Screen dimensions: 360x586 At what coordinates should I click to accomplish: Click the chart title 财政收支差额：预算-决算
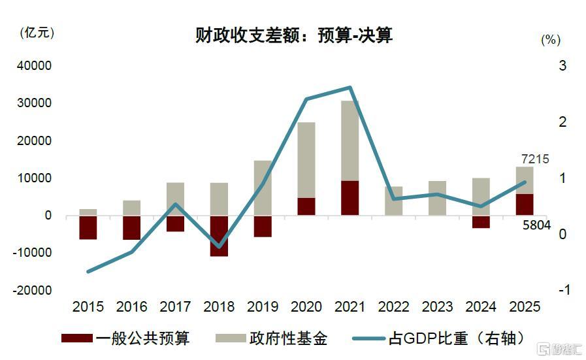293,35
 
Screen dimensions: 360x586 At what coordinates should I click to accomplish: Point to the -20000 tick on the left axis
31,290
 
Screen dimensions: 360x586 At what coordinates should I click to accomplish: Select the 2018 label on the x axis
219,306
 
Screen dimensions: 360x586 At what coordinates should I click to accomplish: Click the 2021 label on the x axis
350,306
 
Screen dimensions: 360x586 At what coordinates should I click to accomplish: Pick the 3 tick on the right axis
562,66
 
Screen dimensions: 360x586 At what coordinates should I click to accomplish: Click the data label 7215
535,159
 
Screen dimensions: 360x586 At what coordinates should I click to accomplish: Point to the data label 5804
536,225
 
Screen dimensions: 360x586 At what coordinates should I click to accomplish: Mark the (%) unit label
551,40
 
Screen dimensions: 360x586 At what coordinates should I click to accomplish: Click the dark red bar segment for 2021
350,198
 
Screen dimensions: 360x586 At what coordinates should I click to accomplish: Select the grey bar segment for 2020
306,160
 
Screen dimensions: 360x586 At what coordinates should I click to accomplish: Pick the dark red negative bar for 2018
219,236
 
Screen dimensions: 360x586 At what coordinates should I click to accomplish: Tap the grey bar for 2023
438,198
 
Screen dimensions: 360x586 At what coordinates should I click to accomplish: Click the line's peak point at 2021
350,88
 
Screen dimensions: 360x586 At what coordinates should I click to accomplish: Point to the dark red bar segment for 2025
525,205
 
